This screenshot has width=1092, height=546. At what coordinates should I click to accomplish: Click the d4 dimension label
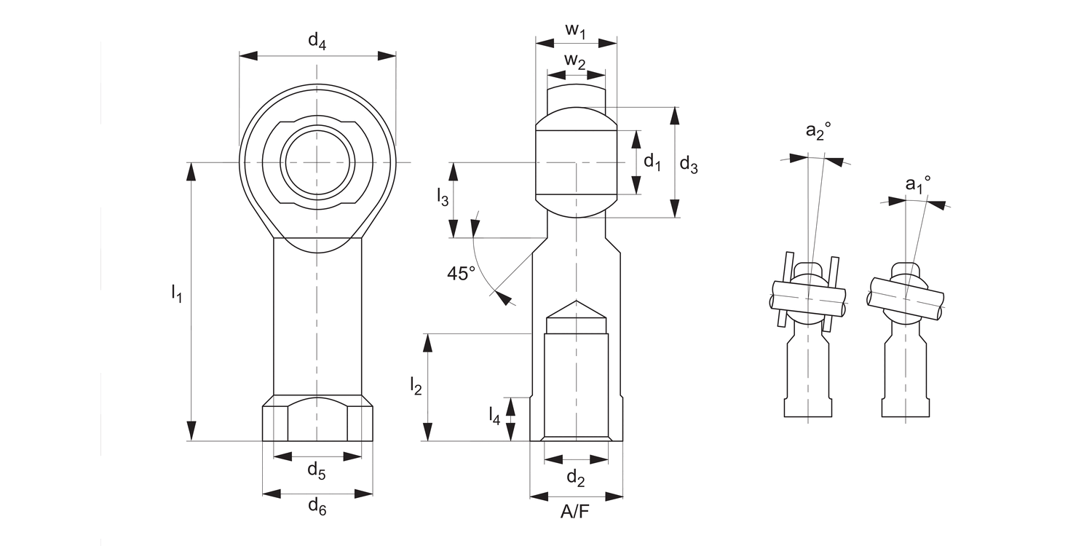(317, 41)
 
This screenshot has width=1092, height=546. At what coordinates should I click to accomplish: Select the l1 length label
(176, 293)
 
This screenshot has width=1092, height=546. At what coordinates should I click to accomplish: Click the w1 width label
(576, 31)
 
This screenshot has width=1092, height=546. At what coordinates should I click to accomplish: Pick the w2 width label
(576, 62)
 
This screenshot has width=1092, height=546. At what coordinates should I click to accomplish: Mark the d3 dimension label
(689, 166)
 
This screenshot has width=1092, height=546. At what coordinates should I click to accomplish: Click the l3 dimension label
(443, 196)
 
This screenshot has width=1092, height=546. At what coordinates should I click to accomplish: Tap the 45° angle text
(461, 273)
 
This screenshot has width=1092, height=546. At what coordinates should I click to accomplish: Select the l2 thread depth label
(416, 386)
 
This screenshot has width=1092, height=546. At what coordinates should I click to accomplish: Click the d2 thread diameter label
(576, 478)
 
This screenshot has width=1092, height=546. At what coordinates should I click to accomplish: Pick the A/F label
(575, 513)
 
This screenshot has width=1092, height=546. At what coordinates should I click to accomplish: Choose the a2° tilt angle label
(818, 131)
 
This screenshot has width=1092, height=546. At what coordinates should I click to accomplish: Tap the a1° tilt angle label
(918, 184)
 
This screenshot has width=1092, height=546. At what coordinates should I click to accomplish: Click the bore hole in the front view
(318, 162)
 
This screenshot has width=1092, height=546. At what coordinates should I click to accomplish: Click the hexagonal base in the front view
(317, 422)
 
